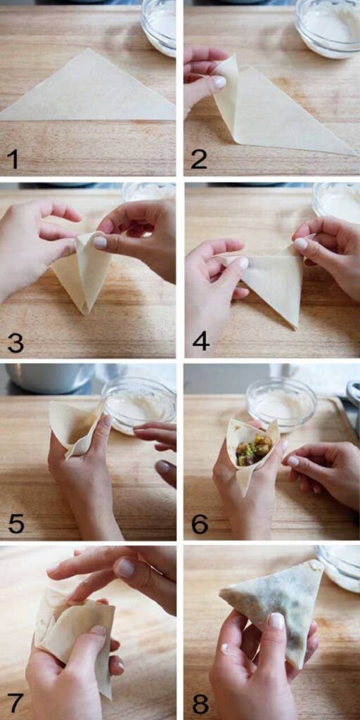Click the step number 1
point(13,159)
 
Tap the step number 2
point(199,159)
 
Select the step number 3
point(15,342)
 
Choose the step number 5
point(16,524)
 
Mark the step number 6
point(200,524)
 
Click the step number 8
point(200,703)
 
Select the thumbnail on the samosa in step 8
point(276,621)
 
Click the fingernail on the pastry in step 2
point(219,82)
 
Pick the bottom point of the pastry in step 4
point(294,327)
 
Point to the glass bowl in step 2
point(327,28)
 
